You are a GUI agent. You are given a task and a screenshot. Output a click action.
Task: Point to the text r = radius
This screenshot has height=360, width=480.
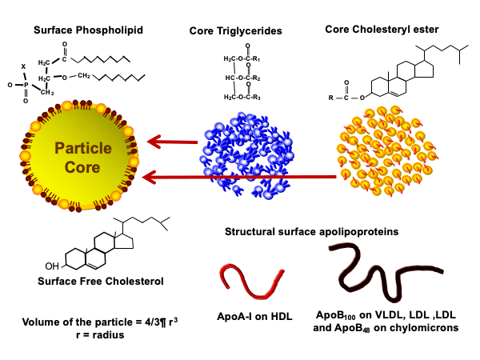click(102, 336)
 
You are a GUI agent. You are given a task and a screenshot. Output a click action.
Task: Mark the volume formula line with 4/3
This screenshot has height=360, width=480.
click(102, 322)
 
